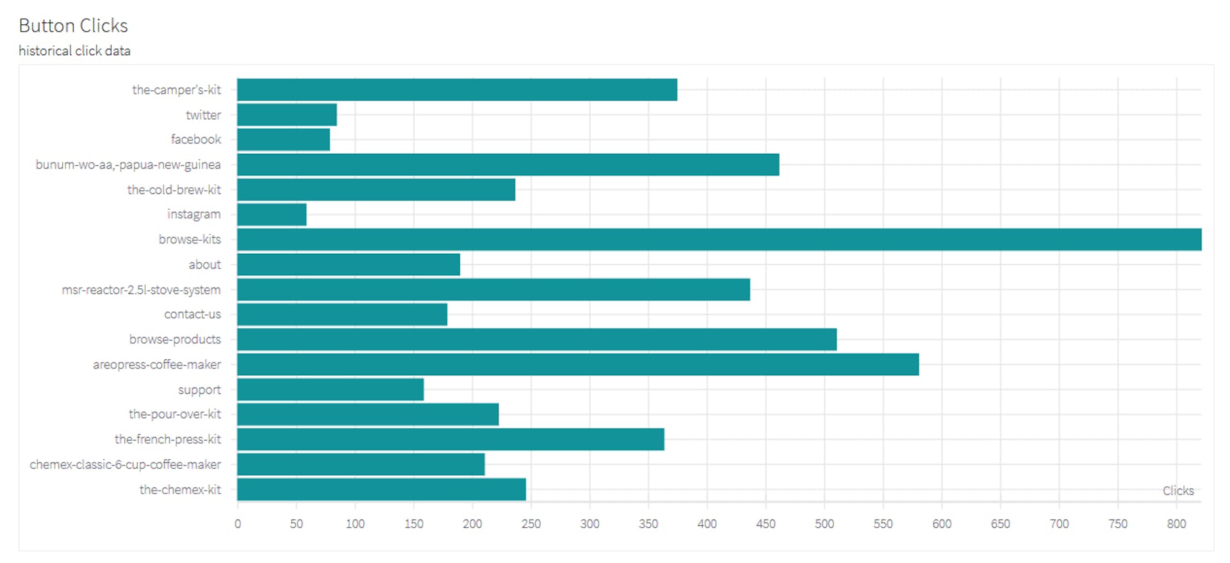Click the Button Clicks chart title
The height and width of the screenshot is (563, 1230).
[x=73, y=26]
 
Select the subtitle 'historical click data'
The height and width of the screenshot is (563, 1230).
[x=74, y=51]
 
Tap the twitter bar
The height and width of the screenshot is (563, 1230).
[x=287, y=115]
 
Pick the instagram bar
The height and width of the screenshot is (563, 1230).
[x=272, y=215]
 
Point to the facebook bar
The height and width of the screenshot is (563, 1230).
[x=283, y=140]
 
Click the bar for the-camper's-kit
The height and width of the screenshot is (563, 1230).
[x=457, y=90]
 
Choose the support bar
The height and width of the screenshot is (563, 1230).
[x=330, y=389]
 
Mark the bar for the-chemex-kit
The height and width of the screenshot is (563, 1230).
[x=381, y=489]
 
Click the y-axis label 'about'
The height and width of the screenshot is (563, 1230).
[x=204, y=265]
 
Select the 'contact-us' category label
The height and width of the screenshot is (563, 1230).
[x=192, y=314]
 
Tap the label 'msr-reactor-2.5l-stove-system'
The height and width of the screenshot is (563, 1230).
[x=141, y=290]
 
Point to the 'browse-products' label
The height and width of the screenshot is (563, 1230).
[x=175, y=339]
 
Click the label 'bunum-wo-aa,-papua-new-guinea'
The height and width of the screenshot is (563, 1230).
[x=128, y=165]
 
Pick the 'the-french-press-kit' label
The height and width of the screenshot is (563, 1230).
[x=167, y=439]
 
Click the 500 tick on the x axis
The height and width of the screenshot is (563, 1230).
[x=824, y=524]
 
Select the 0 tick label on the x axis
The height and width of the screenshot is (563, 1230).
[x=238, y=524]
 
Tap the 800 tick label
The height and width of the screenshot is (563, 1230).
[x=1176, y=524]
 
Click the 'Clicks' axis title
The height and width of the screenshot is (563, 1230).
[x=1178, y=491]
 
